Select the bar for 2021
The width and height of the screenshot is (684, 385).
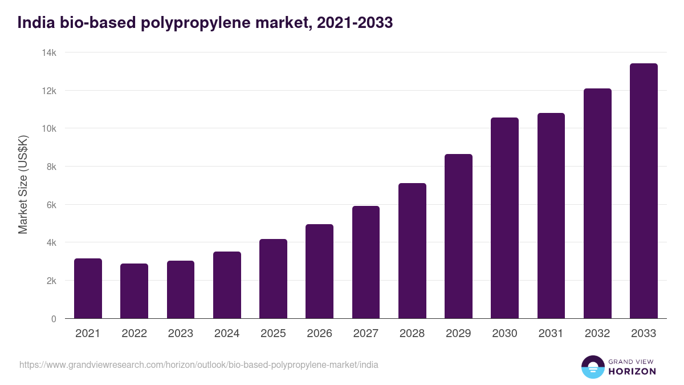click(x=88, y=289)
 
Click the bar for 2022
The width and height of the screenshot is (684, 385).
click(x=135, y=291)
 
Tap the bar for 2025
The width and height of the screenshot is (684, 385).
click(x=273, y=279)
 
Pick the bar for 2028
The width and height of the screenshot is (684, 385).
click(x=412, y=251)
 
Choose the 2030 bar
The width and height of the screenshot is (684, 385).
click(x=504, y=218)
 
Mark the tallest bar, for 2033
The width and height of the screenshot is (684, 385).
click(x=644, y=191)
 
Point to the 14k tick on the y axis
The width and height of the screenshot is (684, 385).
click(x=49, y=52)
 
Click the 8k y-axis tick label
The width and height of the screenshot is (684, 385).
click(x=51, y=167)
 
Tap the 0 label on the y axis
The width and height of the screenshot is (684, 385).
click(x=54, y=319)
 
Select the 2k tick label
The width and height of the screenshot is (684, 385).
click(x=51, y=281)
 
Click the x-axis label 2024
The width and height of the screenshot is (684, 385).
click(x=227, y=334)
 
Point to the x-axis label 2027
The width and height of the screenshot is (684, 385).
click(x=366, y=334)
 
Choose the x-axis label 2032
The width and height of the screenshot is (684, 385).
click(x=597, y=334)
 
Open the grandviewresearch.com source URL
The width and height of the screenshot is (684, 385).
click(x=199, y=364)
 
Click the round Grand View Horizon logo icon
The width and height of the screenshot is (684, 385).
click(x=593, y=367)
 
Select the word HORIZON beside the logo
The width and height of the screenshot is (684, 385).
click(x=632, y=371)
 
